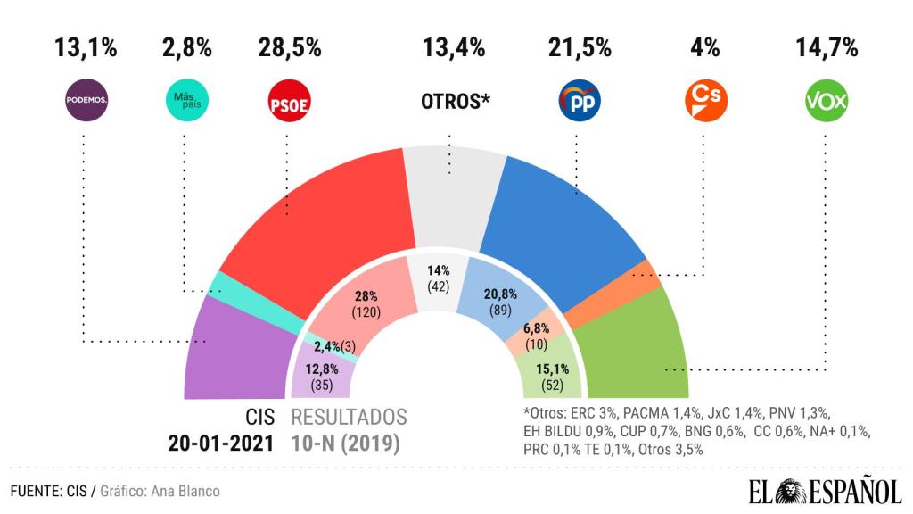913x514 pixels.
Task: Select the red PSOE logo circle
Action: coord(288,102)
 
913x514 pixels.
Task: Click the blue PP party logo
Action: coord(579,102)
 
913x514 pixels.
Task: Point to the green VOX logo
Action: coord(826,102)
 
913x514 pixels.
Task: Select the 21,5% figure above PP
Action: coord(579,48)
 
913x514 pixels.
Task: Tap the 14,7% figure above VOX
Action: coord(827,48)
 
